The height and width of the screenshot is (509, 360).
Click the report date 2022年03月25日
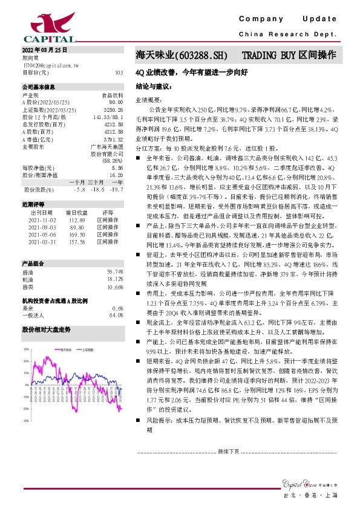pos(37,50)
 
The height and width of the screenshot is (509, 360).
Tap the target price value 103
pos(119,72)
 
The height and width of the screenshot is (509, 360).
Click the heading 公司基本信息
pos(38,87)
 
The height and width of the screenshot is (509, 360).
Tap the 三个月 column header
pos(96,182)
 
